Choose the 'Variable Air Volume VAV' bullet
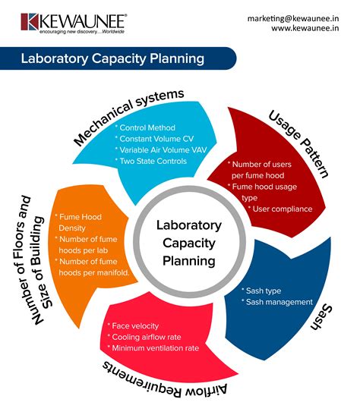coord(159,150)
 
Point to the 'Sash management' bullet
coord(276,301)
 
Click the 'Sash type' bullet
coord(263,290)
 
